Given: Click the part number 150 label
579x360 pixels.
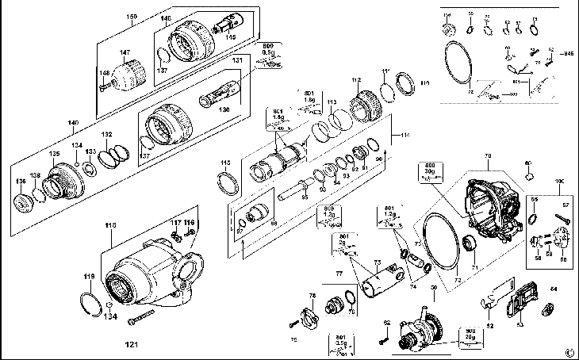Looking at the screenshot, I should click(x=132, y=17).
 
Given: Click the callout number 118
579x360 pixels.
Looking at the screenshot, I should click(x=110, y=226).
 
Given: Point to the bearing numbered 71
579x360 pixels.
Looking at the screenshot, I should click(x=469, y=243).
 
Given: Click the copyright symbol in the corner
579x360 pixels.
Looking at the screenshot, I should click(x=569, y=352).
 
